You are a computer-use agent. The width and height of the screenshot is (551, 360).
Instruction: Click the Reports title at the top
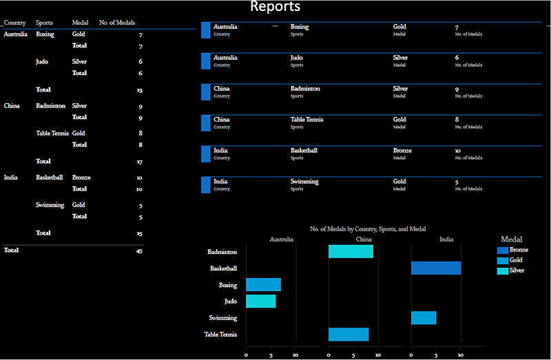[275, 8]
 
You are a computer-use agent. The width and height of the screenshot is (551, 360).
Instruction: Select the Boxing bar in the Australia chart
[263, 285]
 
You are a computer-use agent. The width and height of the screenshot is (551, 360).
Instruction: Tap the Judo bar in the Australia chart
[261, 301]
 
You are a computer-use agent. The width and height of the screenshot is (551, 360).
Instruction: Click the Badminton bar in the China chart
[351, 252]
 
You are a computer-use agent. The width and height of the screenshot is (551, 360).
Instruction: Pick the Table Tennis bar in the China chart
[349, 335]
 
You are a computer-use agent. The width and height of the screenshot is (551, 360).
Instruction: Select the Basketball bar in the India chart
[436, 268]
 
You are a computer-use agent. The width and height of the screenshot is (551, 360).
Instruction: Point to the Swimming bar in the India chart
[424, 318]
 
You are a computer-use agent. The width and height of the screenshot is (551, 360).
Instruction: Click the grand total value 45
[138, 251]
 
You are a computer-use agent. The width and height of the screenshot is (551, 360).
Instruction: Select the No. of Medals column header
[117, 23]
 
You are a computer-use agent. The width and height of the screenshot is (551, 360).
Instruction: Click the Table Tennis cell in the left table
[52, 134]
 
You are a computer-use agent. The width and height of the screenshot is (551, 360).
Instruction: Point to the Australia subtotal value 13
[139, 90]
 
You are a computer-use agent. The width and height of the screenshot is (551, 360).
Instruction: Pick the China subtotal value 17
[139, 162]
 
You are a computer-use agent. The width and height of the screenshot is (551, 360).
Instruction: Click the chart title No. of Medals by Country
[368, 229]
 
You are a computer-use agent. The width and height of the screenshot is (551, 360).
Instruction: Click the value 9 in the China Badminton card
[457, 89]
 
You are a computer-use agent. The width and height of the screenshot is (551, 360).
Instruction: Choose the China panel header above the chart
[364, 240]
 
